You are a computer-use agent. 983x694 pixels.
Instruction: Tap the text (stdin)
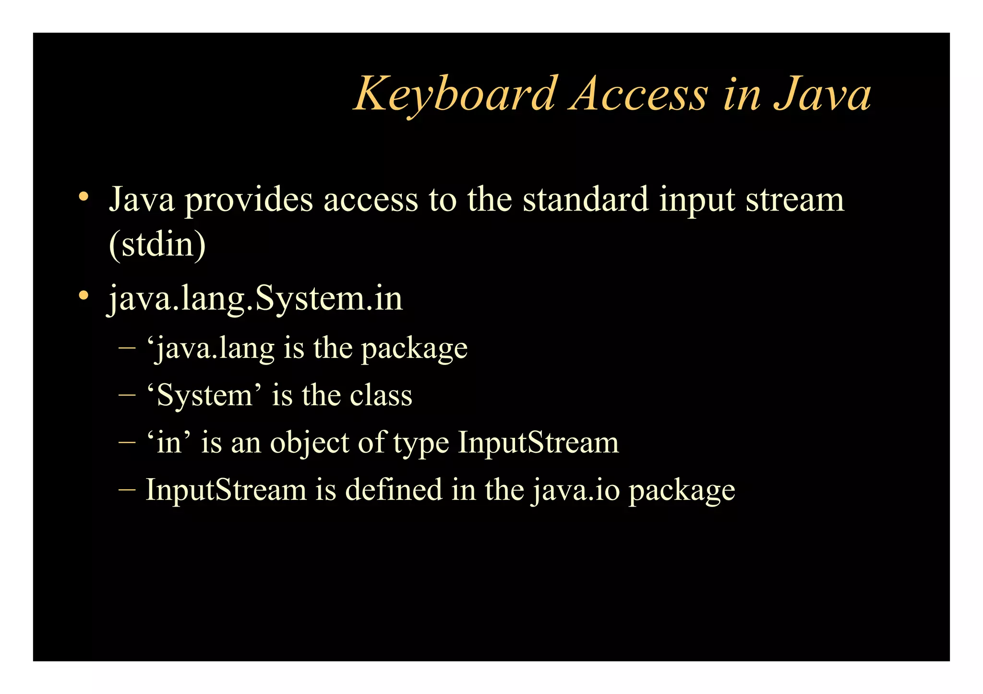coord(157,244)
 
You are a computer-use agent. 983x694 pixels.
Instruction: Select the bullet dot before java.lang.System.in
coord(84,295)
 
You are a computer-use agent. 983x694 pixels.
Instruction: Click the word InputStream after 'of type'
coord(538,442)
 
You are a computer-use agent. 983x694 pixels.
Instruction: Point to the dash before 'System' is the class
coord(127,396)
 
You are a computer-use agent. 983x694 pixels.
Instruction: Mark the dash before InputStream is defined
coord(127,490)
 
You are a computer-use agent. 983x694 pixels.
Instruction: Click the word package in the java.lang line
coord(414,349)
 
